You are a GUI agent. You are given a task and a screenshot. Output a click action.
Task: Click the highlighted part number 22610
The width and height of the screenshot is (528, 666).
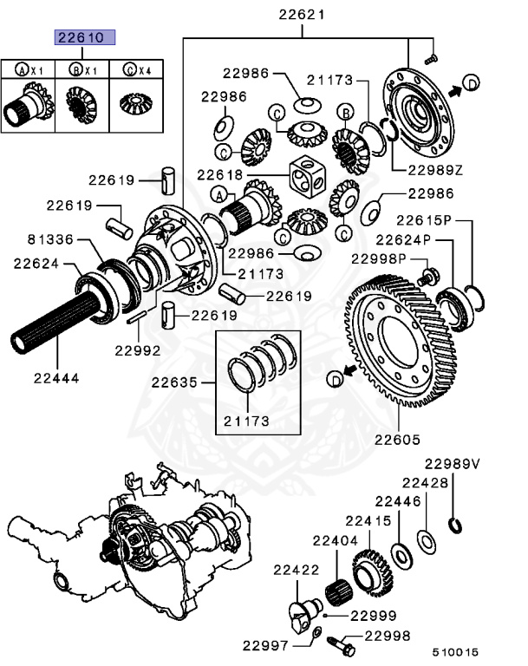tap(81, 37)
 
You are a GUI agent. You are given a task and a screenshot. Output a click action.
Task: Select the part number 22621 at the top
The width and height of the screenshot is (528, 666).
tap(302, 14)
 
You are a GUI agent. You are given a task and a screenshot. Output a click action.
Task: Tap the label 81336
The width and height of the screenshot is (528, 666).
tap(49, 238)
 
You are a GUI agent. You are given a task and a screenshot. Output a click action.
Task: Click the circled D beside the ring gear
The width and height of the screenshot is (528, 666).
tap(335, 379)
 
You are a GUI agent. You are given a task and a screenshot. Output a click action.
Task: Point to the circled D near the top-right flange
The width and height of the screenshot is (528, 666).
tap(469, 82)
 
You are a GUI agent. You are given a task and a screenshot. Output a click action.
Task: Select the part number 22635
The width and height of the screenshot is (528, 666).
tap(175, 382)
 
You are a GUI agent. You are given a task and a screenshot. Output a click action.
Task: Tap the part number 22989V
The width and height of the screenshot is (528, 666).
tap(452, 464)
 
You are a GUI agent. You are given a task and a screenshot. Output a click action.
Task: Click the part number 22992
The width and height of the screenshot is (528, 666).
tap(137, 350)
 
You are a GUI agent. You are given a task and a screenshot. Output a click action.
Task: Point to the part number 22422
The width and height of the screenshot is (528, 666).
tap(297, 570)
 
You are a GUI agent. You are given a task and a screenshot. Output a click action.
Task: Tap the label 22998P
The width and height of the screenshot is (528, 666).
tap(379, 258)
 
